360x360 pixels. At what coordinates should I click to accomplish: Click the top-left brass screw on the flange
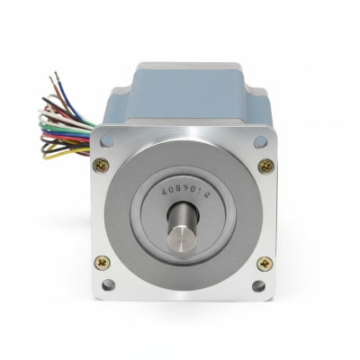pyautogui.click(x=101, y=165)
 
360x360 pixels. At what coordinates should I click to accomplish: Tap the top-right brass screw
pyautogui.click(x=265, y=166)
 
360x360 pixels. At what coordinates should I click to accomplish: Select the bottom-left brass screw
pyautogui.click(x=102, y=263)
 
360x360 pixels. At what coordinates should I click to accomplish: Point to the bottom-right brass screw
pyautogui.click(x=265, y=264)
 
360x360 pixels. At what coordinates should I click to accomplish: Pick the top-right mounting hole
pyautogui.click(x=260, y=141)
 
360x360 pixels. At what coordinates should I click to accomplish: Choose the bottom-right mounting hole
pyautogui.click(x=259, y=286)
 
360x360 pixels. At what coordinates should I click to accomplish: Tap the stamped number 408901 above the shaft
pyautogui.click(x=183, y=191)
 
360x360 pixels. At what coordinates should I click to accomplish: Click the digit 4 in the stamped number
pyautogui.click(x=163, y=191)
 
